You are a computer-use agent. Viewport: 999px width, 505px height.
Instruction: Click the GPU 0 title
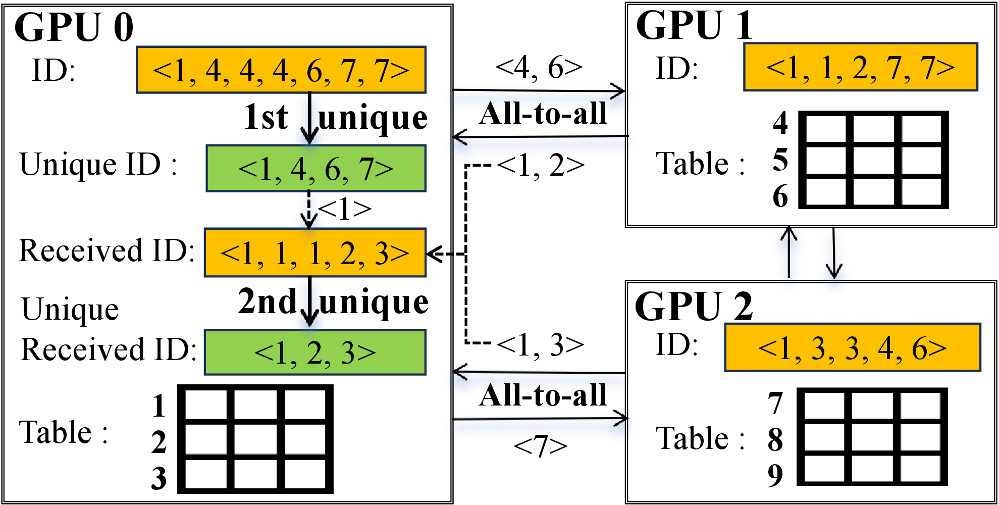pyautogui.click(x=74, y=27)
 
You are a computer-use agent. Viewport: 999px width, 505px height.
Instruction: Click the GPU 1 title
pyautogui.click(x=694, y=25)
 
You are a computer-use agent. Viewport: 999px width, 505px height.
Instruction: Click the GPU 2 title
pyautogui.click(x=694, y=306)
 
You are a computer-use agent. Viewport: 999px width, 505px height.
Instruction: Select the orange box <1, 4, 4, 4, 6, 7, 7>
pyautogui.click(x=281, y=70)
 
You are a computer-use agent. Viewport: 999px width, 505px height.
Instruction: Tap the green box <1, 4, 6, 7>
pyautogui.click(x=316, y=169)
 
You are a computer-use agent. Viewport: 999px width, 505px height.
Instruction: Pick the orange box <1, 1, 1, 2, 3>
pyautogui.click(x=315, y=252)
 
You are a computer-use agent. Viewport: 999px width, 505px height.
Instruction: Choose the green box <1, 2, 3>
pyautogui.click(x=315, y=352)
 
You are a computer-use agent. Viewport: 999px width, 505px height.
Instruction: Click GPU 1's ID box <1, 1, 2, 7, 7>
pyautogui.click(x=860, y=67)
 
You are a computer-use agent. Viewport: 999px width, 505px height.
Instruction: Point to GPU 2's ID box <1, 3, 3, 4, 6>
pyautogui.click(x=852, y=347)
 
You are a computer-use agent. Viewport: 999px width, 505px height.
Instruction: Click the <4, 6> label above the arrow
pyautogui.click(x=539, y=67)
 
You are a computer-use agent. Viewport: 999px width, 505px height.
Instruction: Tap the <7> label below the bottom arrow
pyautogui.click(x=540, y=446)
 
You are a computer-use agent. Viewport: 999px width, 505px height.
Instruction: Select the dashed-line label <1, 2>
pyautogui.click(x=541, y=165)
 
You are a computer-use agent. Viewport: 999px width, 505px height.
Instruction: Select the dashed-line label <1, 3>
pyautogui.click(x=541, y=345)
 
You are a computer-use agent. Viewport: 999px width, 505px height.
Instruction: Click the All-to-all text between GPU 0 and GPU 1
pyautogui.click(x=543, y=114)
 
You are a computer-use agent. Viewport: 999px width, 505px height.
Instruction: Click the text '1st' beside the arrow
pyautogui.click(x=266, y=117)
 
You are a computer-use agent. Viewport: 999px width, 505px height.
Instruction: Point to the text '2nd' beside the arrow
pyautogui.click(x=267, y=301)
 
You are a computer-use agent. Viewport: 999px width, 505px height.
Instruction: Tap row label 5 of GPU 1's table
pyautogui.click(x=780, y=160)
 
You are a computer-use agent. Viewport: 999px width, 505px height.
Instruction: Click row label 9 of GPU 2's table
pyautogui.click(x=775, y=475)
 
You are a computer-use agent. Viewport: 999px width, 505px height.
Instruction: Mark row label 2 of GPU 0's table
pyautogui.click(x=159, y=442)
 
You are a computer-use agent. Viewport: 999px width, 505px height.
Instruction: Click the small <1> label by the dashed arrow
pyautogui.click(x=345, y=209)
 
